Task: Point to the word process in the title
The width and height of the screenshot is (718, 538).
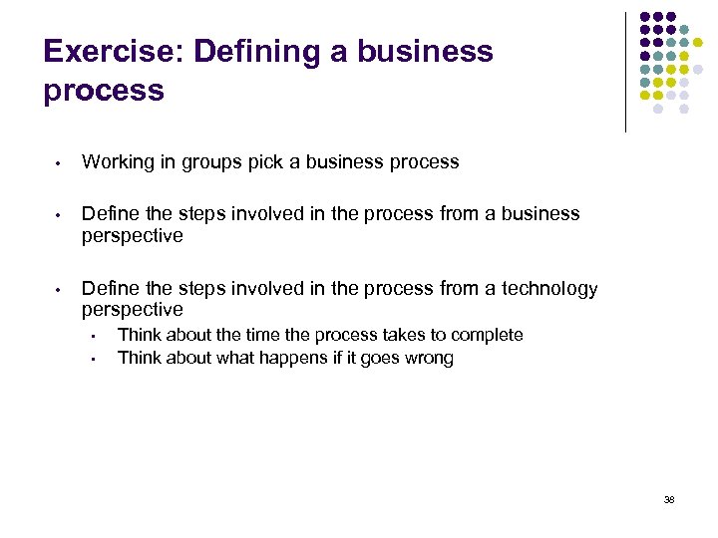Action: (x=104, y=91)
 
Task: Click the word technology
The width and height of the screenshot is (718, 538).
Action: (x=549, y=289)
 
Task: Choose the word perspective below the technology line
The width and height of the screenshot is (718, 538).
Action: (x=133, y=311)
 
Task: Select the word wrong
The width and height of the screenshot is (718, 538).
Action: (x=428, y=358)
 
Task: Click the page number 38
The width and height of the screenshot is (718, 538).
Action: (x=668, y=499)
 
